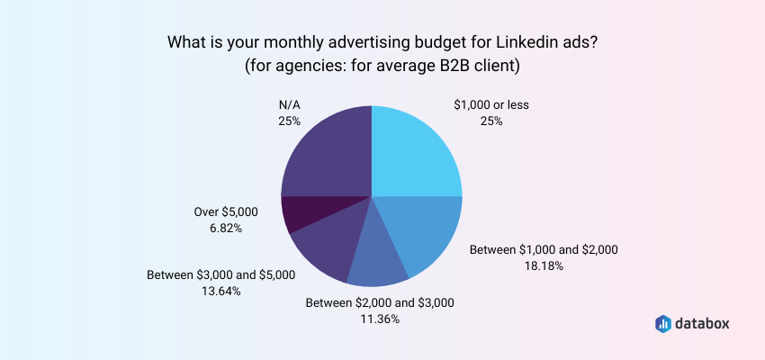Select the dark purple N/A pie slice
click(x=328, y=151)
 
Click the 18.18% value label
click(x=544, y=265)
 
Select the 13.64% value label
click(x=220, y=291)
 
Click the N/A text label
click(x=290, y=104)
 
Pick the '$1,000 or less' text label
click(x=491, y=104)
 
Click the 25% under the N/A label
click(x=290, y=121)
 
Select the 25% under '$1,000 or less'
click(x=491, y=121)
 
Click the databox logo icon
click(x=662, y=323)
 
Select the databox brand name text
click(x=707, y=323)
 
